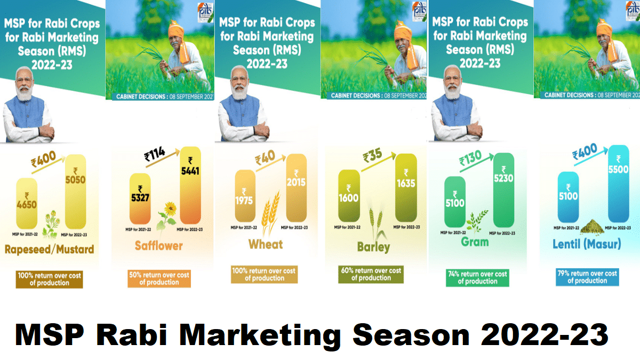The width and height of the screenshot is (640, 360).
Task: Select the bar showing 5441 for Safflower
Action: (x=190, y=184)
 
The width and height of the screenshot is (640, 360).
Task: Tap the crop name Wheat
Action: (x=265, y=244)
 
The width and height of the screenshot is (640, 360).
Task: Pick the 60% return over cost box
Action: (x=372, y=274)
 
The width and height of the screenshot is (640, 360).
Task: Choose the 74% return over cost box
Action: (x=477, y=277)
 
